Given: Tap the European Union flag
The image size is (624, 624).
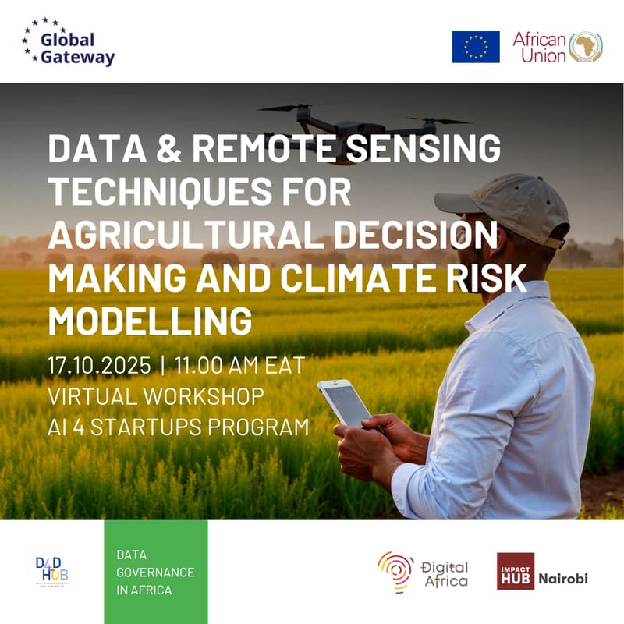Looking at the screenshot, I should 476,47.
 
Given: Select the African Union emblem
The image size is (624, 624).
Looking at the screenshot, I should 586,47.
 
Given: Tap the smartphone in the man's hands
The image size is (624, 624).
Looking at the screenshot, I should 344,403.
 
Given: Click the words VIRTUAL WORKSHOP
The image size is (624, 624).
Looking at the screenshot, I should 156,396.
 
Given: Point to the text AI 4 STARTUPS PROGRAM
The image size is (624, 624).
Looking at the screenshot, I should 178,427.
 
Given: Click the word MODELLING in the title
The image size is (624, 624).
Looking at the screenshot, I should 150,320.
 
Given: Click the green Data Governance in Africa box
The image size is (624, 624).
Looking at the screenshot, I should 156,572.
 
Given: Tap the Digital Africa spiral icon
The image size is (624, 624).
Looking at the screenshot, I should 395,572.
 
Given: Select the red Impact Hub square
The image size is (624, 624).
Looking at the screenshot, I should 516,572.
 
